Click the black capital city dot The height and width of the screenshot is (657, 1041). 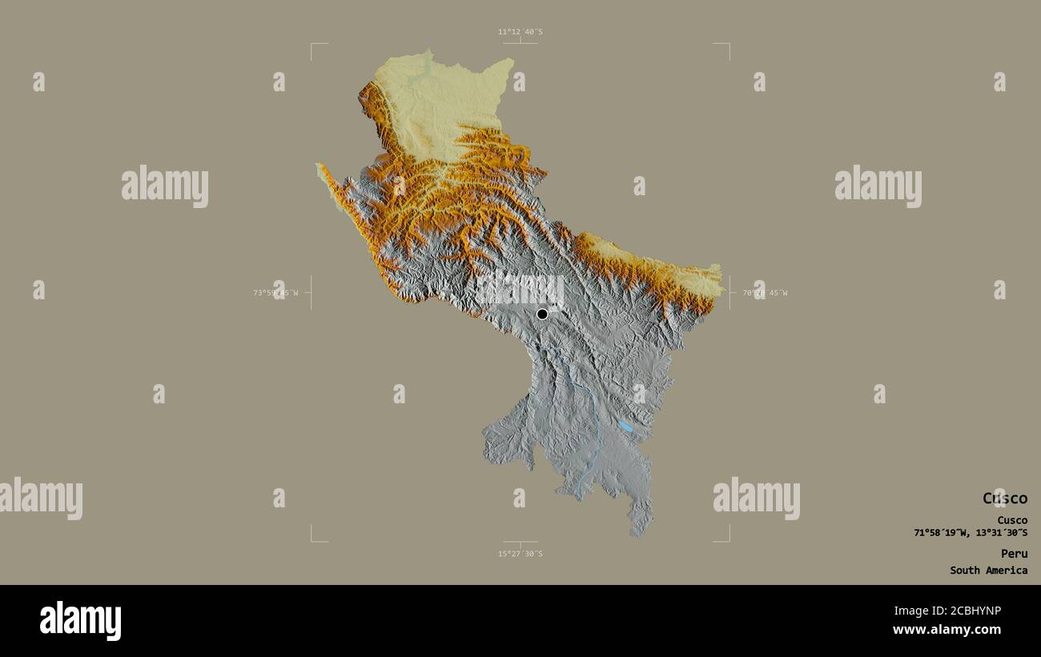[x=542, y=314]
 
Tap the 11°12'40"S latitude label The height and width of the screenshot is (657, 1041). [x=520, y=32]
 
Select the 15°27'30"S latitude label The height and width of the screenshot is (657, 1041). [x=520, y=554]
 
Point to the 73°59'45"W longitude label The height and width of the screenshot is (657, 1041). [x=275, y=293]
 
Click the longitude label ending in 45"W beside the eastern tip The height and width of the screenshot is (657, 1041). [x=765, y=293]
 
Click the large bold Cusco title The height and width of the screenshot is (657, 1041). [x=1004, y=499]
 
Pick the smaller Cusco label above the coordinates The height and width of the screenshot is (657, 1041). [x=1012, y=520]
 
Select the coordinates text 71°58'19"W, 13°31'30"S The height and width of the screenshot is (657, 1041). [x=971, y=533]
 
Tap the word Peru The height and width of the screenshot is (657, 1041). [x=1013, y=554]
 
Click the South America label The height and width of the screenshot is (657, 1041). [x=988, y=571]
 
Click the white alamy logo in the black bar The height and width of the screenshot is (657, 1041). [x=80, y=621]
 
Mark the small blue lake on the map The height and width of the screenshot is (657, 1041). [x=625, y=427]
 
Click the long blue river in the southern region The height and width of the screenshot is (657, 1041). [x=593, y=424]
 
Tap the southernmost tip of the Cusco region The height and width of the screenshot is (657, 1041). [x=638, y=535]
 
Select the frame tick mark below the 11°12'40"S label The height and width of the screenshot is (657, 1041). [x=520, y=41]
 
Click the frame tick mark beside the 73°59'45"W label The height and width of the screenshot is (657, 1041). [x=311, y=293]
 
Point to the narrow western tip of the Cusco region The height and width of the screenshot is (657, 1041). [x=319, y=166]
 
